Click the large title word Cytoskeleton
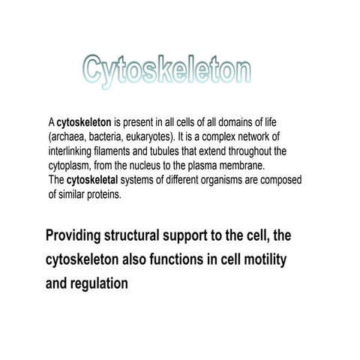tap(166, 70)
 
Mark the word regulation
tap(102, 284)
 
